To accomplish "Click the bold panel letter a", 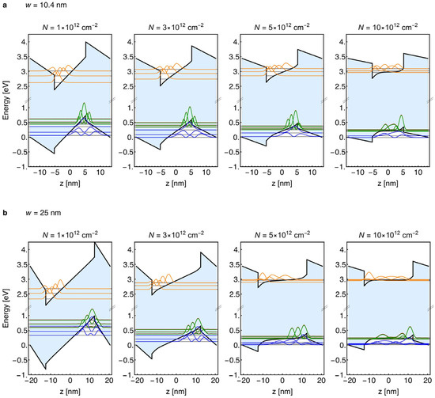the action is tap(4, 5).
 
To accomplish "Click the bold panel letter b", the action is tap(4, 213).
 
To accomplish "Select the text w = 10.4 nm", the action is tap(46, 5).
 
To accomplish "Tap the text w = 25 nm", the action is tap(43, 213).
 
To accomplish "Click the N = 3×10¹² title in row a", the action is tap(176, 27).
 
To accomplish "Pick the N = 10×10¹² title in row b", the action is tap(388, 235).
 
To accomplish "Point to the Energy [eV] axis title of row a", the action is tap(6, 100).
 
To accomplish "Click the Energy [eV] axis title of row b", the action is tap(6, 308).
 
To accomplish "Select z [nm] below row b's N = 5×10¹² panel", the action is tap(282, 392).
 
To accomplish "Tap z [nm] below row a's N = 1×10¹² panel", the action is tap(70, 184).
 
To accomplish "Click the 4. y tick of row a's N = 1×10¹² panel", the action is tap(25, 42).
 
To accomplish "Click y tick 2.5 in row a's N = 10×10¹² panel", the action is tap(339, 86).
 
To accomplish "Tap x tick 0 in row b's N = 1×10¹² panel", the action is tap(70, 381).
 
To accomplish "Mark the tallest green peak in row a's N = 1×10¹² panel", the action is tap(84, 103).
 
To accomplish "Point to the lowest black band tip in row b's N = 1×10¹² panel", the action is tap(46, 369).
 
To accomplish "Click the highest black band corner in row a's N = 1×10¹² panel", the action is tap(85, 42).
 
